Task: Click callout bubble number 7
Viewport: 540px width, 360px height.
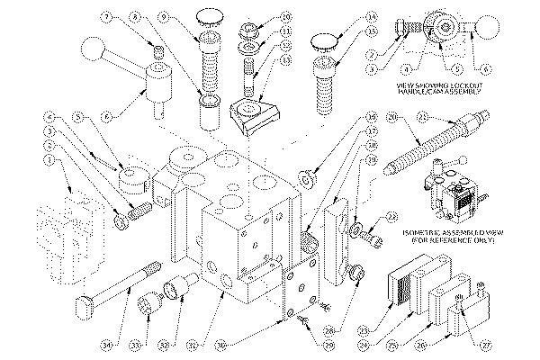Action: pyautogui.click(x=106, y=15)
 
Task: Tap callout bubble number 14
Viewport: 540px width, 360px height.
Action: pyautogui.click(x=347, y=15)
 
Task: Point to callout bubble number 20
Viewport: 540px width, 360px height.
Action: pyautogui.click(x=391, y=117)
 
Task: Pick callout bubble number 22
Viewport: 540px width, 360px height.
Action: pyautogui.click(x=390, y=215)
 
